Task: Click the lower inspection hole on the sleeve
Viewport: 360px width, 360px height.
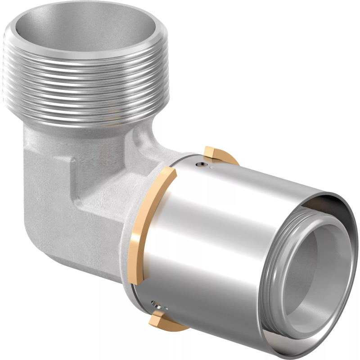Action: (155, 302)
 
